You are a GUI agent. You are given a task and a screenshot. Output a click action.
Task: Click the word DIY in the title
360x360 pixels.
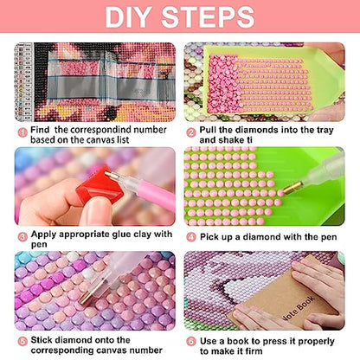(x=127, y=16)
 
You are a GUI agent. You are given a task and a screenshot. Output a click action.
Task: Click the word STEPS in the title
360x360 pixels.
(x=208, y=16)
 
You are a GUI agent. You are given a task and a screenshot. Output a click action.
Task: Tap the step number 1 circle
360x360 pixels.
(x=22, y=132)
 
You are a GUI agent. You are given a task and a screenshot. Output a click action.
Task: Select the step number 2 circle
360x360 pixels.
(x=191, y=132)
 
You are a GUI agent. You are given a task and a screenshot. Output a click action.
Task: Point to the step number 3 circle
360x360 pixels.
(x=22, y=237)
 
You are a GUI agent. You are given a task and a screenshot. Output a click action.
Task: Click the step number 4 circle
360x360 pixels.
(x=191, y=237)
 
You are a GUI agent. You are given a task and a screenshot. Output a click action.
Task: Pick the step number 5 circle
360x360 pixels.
(x=22, y=341)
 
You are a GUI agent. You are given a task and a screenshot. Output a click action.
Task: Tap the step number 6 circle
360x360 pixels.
(x=191, y=342)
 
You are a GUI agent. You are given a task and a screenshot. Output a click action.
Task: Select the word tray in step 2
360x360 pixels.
(x=325, y=130)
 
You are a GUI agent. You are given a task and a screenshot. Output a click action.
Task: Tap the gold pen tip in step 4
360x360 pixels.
(x=292, y=188)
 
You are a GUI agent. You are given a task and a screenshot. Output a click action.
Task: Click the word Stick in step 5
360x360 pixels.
(x=42, y=340)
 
